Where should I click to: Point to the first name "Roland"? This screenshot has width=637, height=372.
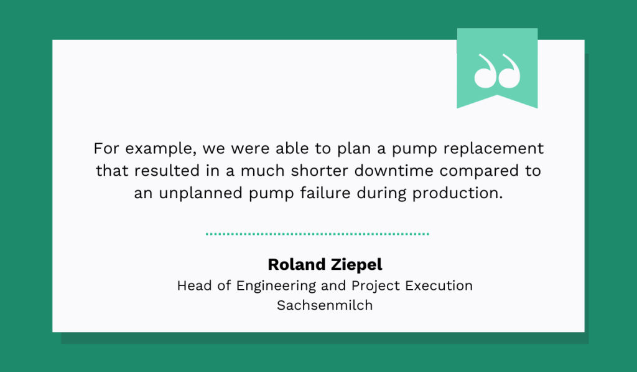point(294,264)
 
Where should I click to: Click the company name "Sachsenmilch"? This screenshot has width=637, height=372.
point(325,306)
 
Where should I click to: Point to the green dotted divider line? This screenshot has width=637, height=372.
point(317,234)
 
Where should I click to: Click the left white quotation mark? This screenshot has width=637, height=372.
point(485,70)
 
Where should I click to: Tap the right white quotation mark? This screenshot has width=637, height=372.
point(508,70)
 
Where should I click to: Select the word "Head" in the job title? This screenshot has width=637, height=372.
point(192,285)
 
